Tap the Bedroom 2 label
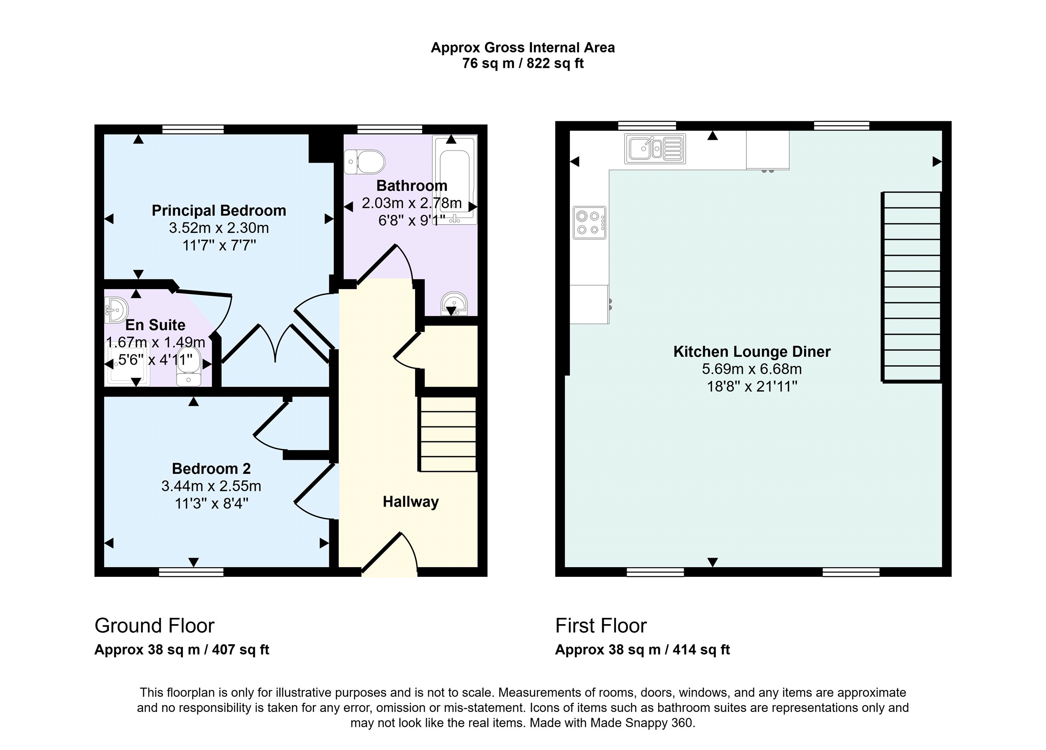tap(211, 469)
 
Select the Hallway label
tap(410, 502)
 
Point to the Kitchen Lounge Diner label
tap(752, 352)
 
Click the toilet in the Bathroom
tap(364, 162)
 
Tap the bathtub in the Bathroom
tap(454, 180)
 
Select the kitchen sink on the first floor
tap(655, 148)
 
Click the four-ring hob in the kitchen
tap(590, 223)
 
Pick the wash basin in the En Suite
tap(116, 310)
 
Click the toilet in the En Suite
tap(189, 366)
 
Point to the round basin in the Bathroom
tap(454, 304)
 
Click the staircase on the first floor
tap(911, 287)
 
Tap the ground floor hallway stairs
tap(447, 434)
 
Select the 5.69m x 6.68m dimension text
tap(752, 369)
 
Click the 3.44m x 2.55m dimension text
tap(211, 486)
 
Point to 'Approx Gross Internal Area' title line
tap(523, 48)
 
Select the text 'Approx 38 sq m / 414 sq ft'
tap(642, 650)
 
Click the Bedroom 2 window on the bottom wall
tap(191, 572)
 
